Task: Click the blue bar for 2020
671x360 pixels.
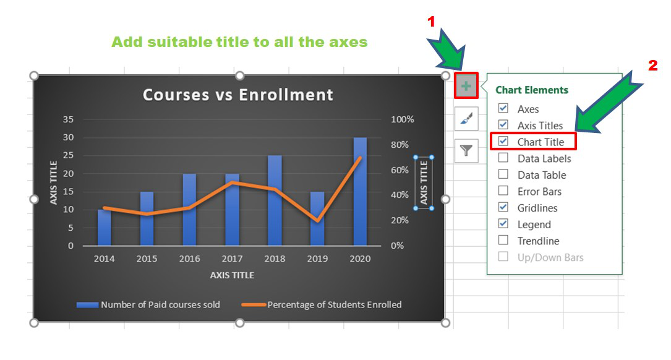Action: pos(360,191)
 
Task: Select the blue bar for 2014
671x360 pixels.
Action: pos(104,227)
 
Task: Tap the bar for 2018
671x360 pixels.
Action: pos(275,200)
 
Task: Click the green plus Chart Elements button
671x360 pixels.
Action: pos(466,85)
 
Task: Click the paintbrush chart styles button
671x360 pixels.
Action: pos(466,118)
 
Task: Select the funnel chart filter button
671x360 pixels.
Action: pos(466,150)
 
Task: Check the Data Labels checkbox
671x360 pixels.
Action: pos(503,158)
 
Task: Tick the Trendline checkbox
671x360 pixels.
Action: pos(503,240)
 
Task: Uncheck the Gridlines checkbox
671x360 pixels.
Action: pos(503,207)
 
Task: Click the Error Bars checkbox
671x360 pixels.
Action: pos(503,191)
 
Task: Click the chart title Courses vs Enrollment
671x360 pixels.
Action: pos(238,95)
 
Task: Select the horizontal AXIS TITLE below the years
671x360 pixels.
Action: pos(232,275)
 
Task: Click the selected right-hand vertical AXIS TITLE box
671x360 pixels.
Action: pos(424,182)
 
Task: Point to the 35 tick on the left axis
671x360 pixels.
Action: pos(68,119)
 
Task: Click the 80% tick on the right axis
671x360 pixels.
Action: pos(400,145)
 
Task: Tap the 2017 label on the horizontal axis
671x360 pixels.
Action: pos(232,259)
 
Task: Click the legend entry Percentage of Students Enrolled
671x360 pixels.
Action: pos(322,305)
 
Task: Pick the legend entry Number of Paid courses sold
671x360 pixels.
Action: pos(148,305)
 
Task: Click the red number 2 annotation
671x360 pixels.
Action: pos(652,66)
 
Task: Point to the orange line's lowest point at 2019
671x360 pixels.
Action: pos(317,221)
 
